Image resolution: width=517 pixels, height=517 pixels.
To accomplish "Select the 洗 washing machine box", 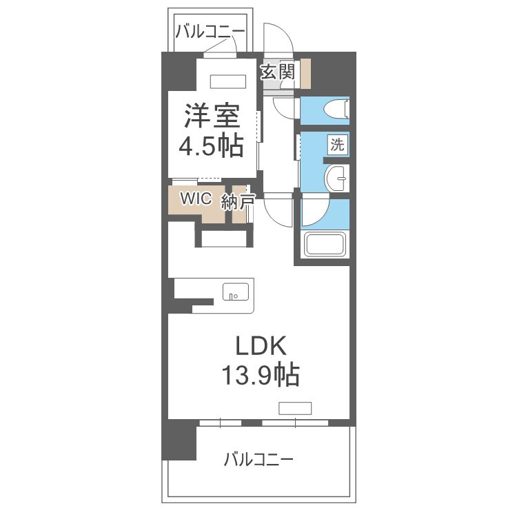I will pyautogui.click(x=337, y=145).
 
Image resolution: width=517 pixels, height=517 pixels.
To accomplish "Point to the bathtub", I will pyautogui.click(x=326, y=245).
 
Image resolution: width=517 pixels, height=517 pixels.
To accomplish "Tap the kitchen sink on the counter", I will pyautogui.click(x=235, y=292).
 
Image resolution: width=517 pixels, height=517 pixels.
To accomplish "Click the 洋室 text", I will pyautogui.click(x=212, y=115).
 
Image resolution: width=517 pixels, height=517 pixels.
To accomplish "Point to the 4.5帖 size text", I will pyautogui.click(x=212, y=145).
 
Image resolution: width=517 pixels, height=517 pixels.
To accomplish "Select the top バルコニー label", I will pyautogui.click(x=209, y=32).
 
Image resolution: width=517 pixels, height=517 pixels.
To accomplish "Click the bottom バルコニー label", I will pyautogui.click(x=259, y=459).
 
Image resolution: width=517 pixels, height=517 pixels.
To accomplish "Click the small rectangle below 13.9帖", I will pyautogui.click(x=295, y=407).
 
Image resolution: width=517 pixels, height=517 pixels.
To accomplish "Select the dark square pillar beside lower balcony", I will pyautogui.click(x=179, y=442).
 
